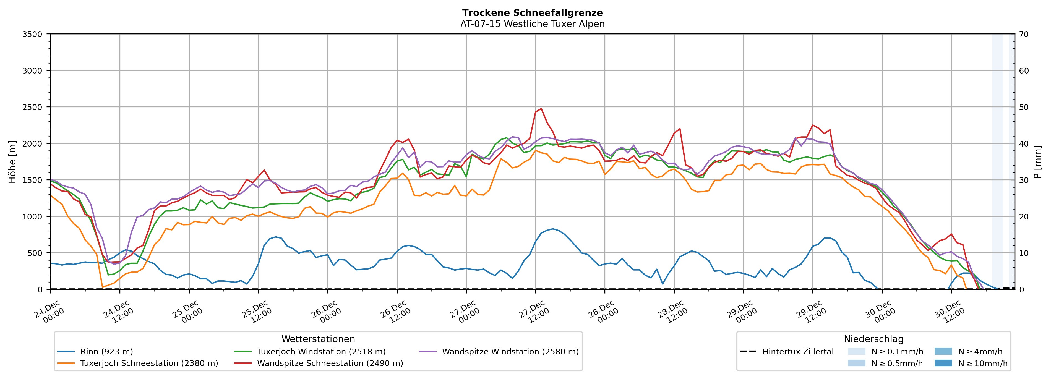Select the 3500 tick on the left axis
(32, 34)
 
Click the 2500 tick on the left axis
(32, 107)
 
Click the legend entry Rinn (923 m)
(106, 352)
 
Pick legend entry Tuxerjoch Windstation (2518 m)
(321, 352)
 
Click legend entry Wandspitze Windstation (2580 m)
(510, 352)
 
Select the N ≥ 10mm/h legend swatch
(943, 363)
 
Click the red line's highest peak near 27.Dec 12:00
(541, 109)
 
